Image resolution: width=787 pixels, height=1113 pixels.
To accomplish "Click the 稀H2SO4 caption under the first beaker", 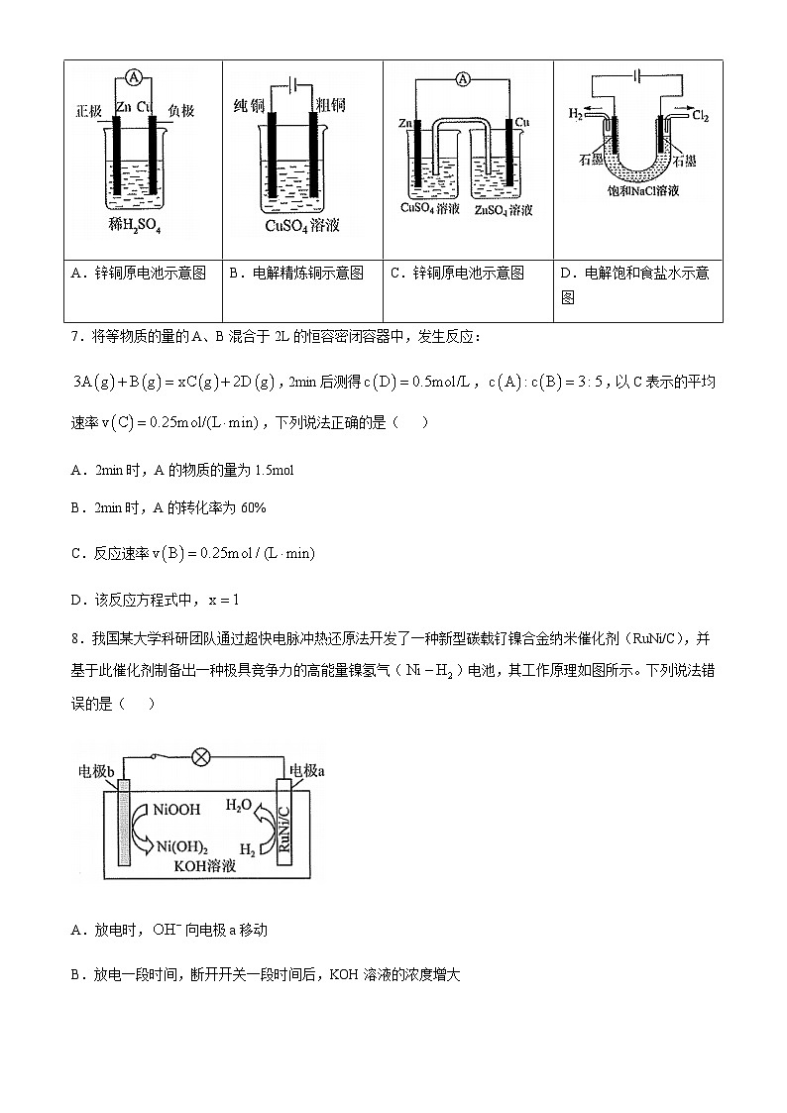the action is point(135,226).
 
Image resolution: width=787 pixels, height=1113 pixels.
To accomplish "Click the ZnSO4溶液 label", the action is point(503,210).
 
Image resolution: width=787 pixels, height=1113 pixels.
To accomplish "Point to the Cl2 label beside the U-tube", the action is point(700,116).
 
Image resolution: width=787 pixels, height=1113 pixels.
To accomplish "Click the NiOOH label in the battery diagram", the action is point(177,810).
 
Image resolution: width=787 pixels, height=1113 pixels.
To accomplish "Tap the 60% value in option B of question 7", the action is point(251,507).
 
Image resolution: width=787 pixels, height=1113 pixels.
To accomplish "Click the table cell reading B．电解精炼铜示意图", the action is point(302,273).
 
